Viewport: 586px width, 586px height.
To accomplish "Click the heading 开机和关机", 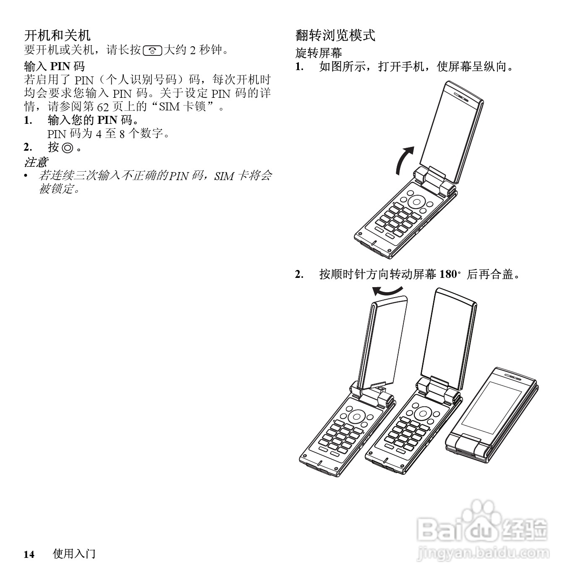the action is [x=57, y=35].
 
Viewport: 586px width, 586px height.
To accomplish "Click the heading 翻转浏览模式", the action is [x=335, y=35].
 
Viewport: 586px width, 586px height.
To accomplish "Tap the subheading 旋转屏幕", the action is [x=319, y=53].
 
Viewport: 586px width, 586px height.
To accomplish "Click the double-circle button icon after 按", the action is [x=67, y=148].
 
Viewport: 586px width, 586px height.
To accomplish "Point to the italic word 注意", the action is [x=36, y=162].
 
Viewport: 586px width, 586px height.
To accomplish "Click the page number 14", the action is [x=29, y=555].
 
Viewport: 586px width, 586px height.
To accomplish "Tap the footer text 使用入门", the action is [x=74, y=554].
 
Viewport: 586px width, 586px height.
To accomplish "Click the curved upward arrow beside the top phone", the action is [x=404, y=160].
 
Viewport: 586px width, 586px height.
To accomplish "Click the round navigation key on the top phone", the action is [x=416, y=201].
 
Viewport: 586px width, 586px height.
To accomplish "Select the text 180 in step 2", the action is [x=447, y=275].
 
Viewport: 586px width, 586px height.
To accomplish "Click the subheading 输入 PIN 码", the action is [x=54, y=66].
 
